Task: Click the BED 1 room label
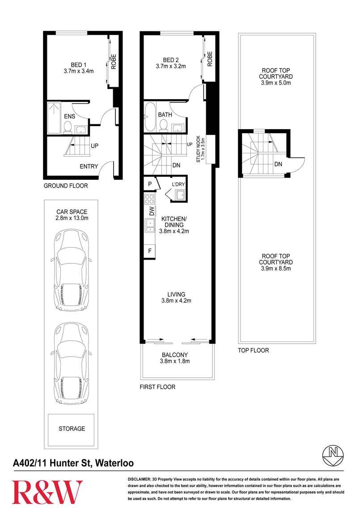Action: (78, 65)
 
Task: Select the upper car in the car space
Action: (71, 270)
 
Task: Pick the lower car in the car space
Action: (71, 364)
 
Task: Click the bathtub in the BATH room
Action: (149, 117)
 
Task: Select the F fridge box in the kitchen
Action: (150, 251)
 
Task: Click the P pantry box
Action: (150, 184)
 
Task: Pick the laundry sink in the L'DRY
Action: (180, 195)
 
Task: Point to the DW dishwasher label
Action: (151, 211)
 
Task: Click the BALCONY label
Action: (175, 355)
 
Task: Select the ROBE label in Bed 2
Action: (210, 59)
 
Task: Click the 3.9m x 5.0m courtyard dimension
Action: (276, 83)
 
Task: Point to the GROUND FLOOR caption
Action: (66, 185)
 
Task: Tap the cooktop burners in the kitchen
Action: (149, 199)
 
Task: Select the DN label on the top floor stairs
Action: (278, 164)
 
